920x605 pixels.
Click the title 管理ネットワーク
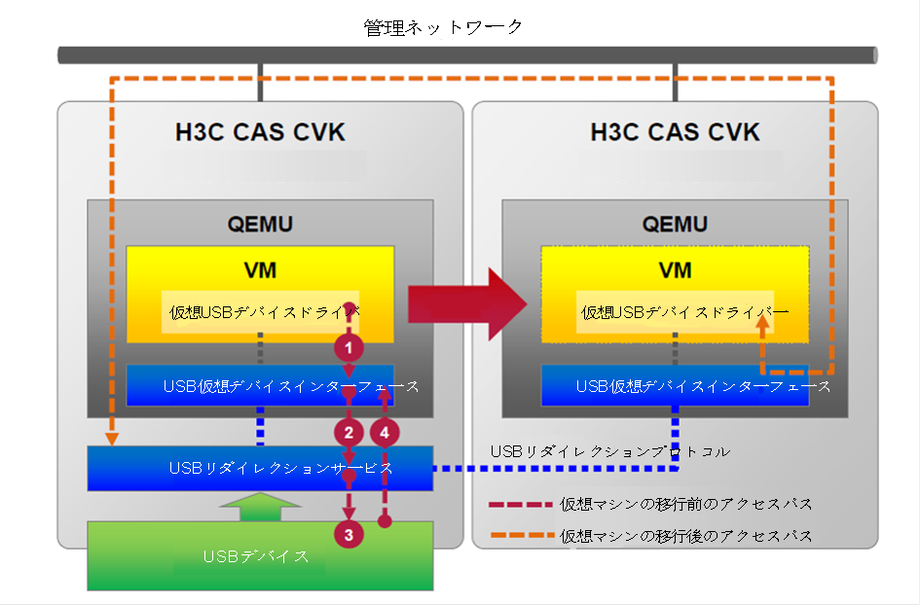(x=443, y=27)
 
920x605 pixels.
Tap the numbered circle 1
(x=349, y=347)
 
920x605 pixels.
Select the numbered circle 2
(x=349, y=433)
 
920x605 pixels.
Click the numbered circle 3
(x=349, y=535)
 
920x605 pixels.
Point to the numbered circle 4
(x=385, y=433)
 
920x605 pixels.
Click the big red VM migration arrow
(x=467, y=304)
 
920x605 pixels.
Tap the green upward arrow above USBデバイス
(x=260, y=507)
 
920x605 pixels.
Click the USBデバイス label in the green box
(x=256, y=555)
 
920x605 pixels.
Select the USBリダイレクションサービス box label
(x=280, y=468)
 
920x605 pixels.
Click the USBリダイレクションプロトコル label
(x=610, y=451)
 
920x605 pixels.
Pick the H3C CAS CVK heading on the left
(x=260, y=132)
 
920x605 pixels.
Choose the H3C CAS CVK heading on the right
(x=675, y=132)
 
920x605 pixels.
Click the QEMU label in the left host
(x=260, y=224)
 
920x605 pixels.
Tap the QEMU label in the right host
(x=675, y=224)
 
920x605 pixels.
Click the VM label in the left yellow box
(x=260, y=270)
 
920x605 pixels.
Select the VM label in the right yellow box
(x=675, y=270)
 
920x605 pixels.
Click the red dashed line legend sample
(x=521, y=504)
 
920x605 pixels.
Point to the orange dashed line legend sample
(x=521, y=535)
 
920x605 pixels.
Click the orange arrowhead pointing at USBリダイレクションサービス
(x=112, y=439)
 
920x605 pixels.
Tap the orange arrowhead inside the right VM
(x=762, y=325)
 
